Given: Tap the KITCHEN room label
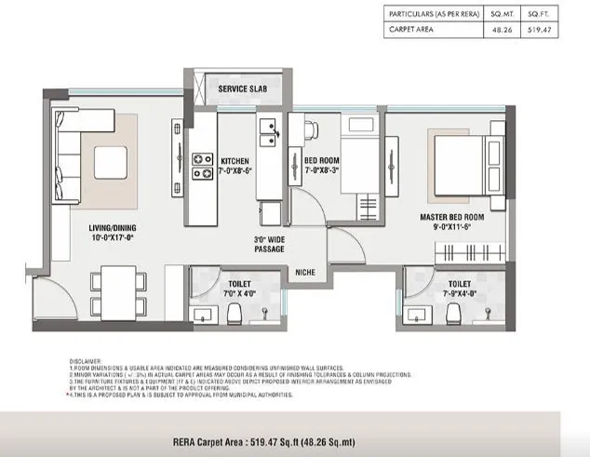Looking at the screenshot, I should point(234,160).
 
